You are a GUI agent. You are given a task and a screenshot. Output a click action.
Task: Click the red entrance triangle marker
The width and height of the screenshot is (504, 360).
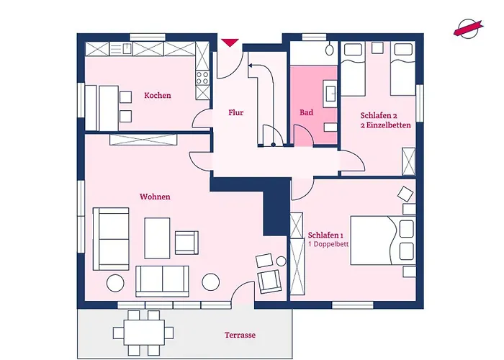[x=230, y=42]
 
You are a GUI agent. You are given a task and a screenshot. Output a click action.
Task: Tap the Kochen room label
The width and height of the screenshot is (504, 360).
[x=158, y=96]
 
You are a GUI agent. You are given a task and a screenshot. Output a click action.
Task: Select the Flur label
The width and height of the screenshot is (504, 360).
[x=236, y=112]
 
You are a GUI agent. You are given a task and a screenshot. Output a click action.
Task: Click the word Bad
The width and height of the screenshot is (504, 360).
[x=306, y=112]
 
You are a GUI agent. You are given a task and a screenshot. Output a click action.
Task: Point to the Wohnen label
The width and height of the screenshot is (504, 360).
[x=155, y=197]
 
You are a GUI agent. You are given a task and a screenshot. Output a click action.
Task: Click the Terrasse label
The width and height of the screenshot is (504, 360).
[x=240, y=336]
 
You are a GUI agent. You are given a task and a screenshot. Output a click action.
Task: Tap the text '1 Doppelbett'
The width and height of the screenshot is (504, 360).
[x=328, y=244]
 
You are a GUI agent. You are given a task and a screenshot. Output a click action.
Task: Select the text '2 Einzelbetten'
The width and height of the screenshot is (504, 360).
[x=385, y=125]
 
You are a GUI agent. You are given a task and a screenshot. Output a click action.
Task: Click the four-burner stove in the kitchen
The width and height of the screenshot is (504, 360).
[x=202, y=78]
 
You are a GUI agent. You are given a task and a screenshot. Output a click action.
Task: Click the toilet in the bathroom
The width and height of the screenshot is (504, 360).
[x=330, y=49]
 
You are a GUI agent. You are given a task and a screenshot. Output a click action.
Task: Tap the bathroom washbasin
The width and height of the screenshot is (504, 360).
[x=330, y=93]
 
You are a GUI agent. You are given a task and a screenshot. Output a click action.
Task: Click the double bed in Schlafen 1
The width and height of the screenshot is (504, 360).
[x=383, y=240]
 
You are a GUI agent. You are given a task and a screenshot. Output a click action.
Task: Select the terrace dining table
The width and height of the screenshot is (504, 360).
[x=144, y=333]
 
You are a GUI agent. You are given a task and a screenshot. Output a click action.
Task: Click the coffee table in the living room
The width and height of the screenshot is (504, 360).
[x=157, y=238]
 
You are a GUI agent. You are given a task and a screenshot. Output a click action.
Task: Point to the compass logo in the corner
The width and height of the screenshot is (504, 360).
[x=468, y=28]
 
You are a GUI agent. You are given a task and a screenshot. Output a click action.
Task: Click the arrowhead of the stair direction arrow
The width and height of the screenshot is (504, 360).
[x=251, y=66]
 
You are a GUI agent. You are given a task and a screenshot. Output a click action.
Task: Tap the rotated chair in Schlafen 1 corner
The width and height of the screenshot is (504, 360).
[x=405, y=194]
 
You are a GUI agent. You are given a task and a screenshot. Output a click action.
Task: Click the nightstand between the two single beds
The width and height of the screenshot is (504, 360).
[x=377, y=48]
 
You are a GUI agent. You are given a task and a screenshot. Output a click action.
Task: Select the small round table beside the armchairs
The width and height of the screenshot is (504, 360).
[x=282, y=261]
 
